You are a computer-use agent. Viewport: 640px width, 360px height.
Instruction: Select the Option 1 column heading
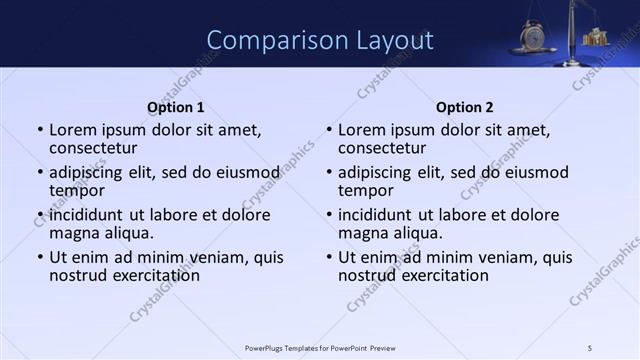(x=175, y=107)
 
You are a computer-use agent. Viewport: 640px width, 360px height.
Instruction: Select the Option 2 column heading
(x=464, y=107)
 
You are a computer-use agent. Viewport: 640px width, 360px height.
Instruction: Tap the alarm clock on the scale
(x=532, y=37)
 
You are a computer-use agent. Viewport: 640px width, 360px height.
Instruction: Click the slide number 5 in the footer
(x=589, y=347)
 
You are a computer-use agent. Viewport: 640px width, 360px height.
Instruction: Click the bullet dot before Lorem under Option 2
(x=329, y=131)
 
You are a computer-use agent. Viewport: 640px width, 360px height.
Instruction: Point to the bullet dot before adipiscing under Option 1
(x=40, y=173)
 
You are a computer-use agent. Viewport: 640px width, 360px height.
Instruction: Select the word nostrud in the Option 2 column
(x=366, y=275)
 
